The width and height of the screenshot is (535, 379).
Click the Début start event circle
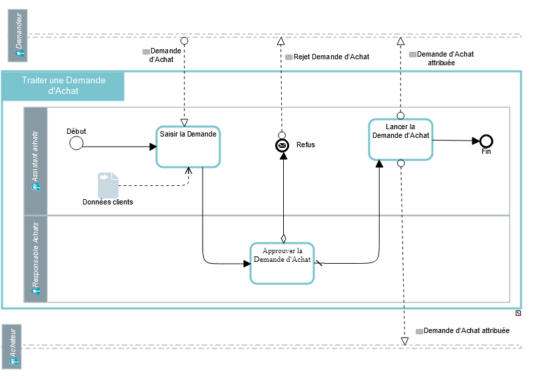click(x=77, y=143)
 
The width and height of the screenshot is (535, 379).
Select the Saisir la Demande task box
click(x=188, y=146)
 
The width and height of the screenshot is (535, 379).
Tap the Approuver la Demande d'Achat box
click(x=282, y=263)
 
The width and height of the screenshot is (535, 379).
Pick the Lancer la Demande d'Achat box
click(x=400, y=139)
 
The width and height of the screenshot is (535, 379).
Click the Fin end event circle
click(x=486, y=141)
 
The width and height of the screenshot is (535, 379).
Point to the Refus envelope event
click(x=282, y=145)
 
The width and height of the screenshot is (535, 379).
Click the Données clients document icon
click(x=108, y=185)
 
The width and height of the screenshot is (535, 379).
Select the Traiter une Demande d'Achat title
click(x=63, y=86)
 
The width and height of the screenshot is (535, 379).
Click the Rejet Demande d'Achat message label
click(x=331, y=57)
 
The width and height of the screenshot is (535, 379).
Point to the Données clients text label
click(x=108, y=202)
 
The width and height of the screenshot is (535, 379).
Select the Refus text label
click(x=306, y=145)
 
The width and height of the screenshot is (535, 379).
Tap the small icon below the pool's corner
click(x=518, y=313)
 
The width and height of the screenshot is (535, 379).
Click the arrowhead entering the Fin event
click(x=476, y=141)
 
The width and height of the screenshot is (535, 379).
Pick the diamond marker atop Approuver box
click(x=282, y=237)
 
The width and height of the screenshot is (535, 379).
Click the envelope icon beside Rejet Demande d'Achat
click(x=288, y=57)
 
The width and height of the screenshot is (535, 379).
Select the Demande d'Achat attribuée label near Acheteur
click(x=466, y=330)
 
